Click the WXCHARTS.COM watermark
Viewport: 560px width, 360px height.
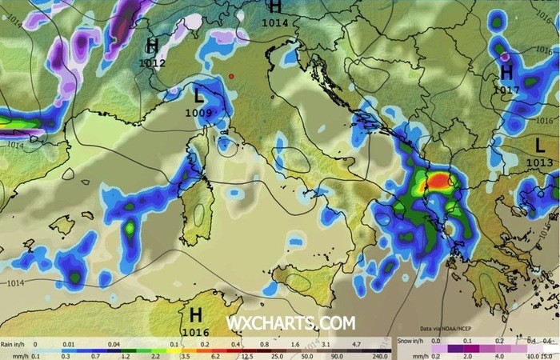290,323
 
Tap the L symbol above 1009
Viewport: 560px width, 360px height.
198,97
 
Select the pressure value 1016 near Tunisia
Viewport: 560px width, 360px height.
195,332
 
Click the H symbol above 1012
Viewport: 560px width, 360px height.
152,45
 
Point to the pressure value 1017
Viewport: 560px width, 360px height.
506,89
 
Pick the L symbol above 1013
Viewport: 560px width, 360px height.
541,146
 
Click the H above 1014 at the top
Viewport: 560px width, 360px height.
275,7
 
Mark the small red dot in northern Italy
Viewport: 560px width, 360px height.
230,76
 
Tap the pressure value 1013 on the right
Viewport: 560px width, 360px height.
540,162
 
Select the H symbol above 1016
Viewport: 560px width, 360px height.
195,315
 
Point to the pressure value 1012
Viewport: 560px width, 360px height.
152,62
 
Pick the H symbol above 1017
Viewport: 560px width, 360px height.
506,73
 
